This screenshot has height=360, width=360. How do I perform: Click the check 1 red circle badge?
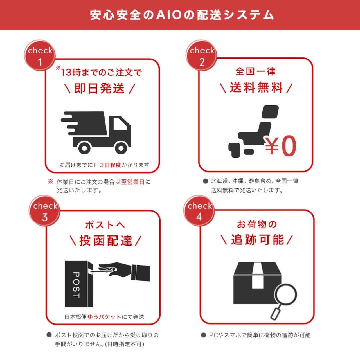coord(40,56)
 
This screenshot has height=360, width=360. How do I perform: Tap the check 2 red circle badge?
coord(201,56)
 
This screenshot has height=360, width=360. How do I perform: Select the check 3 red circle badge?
coord(44,211)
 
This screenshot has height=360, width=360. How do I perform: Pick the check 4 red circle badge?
coord(199,211)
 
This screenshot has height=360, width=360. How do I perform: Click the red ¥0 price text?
coord(280,146)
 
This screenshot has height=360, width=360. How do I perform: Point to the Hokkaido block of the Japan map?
coord(270,112)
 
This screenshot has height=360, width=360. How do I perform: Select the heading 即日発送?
coord(99,88)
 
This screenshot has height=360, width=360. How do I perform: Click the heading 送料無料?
coord(256,87)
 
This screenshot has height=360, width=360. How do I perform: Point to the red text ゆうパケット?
coord(104,317)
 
